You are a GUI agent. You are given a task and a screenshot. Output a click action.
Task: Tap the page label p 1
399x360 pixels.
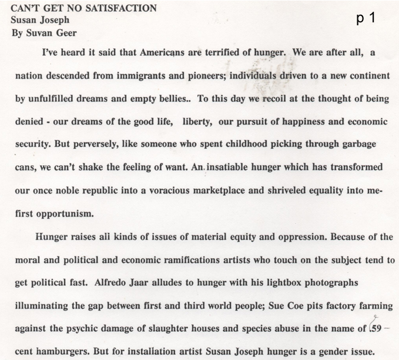[366, 18]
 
